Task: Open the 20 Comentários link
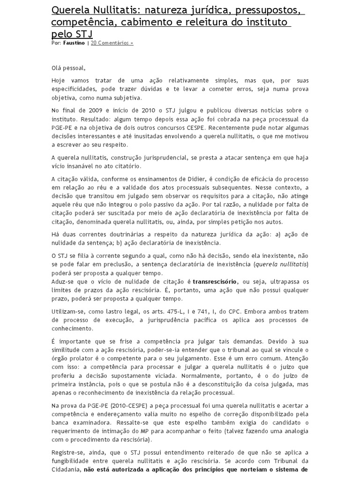[112, 43]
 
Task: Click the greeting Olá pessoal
[69, 68]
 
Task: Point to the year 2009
[92, 110]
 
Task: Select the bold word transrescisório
[215, 281]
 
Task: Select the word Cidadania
[66, 469]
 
